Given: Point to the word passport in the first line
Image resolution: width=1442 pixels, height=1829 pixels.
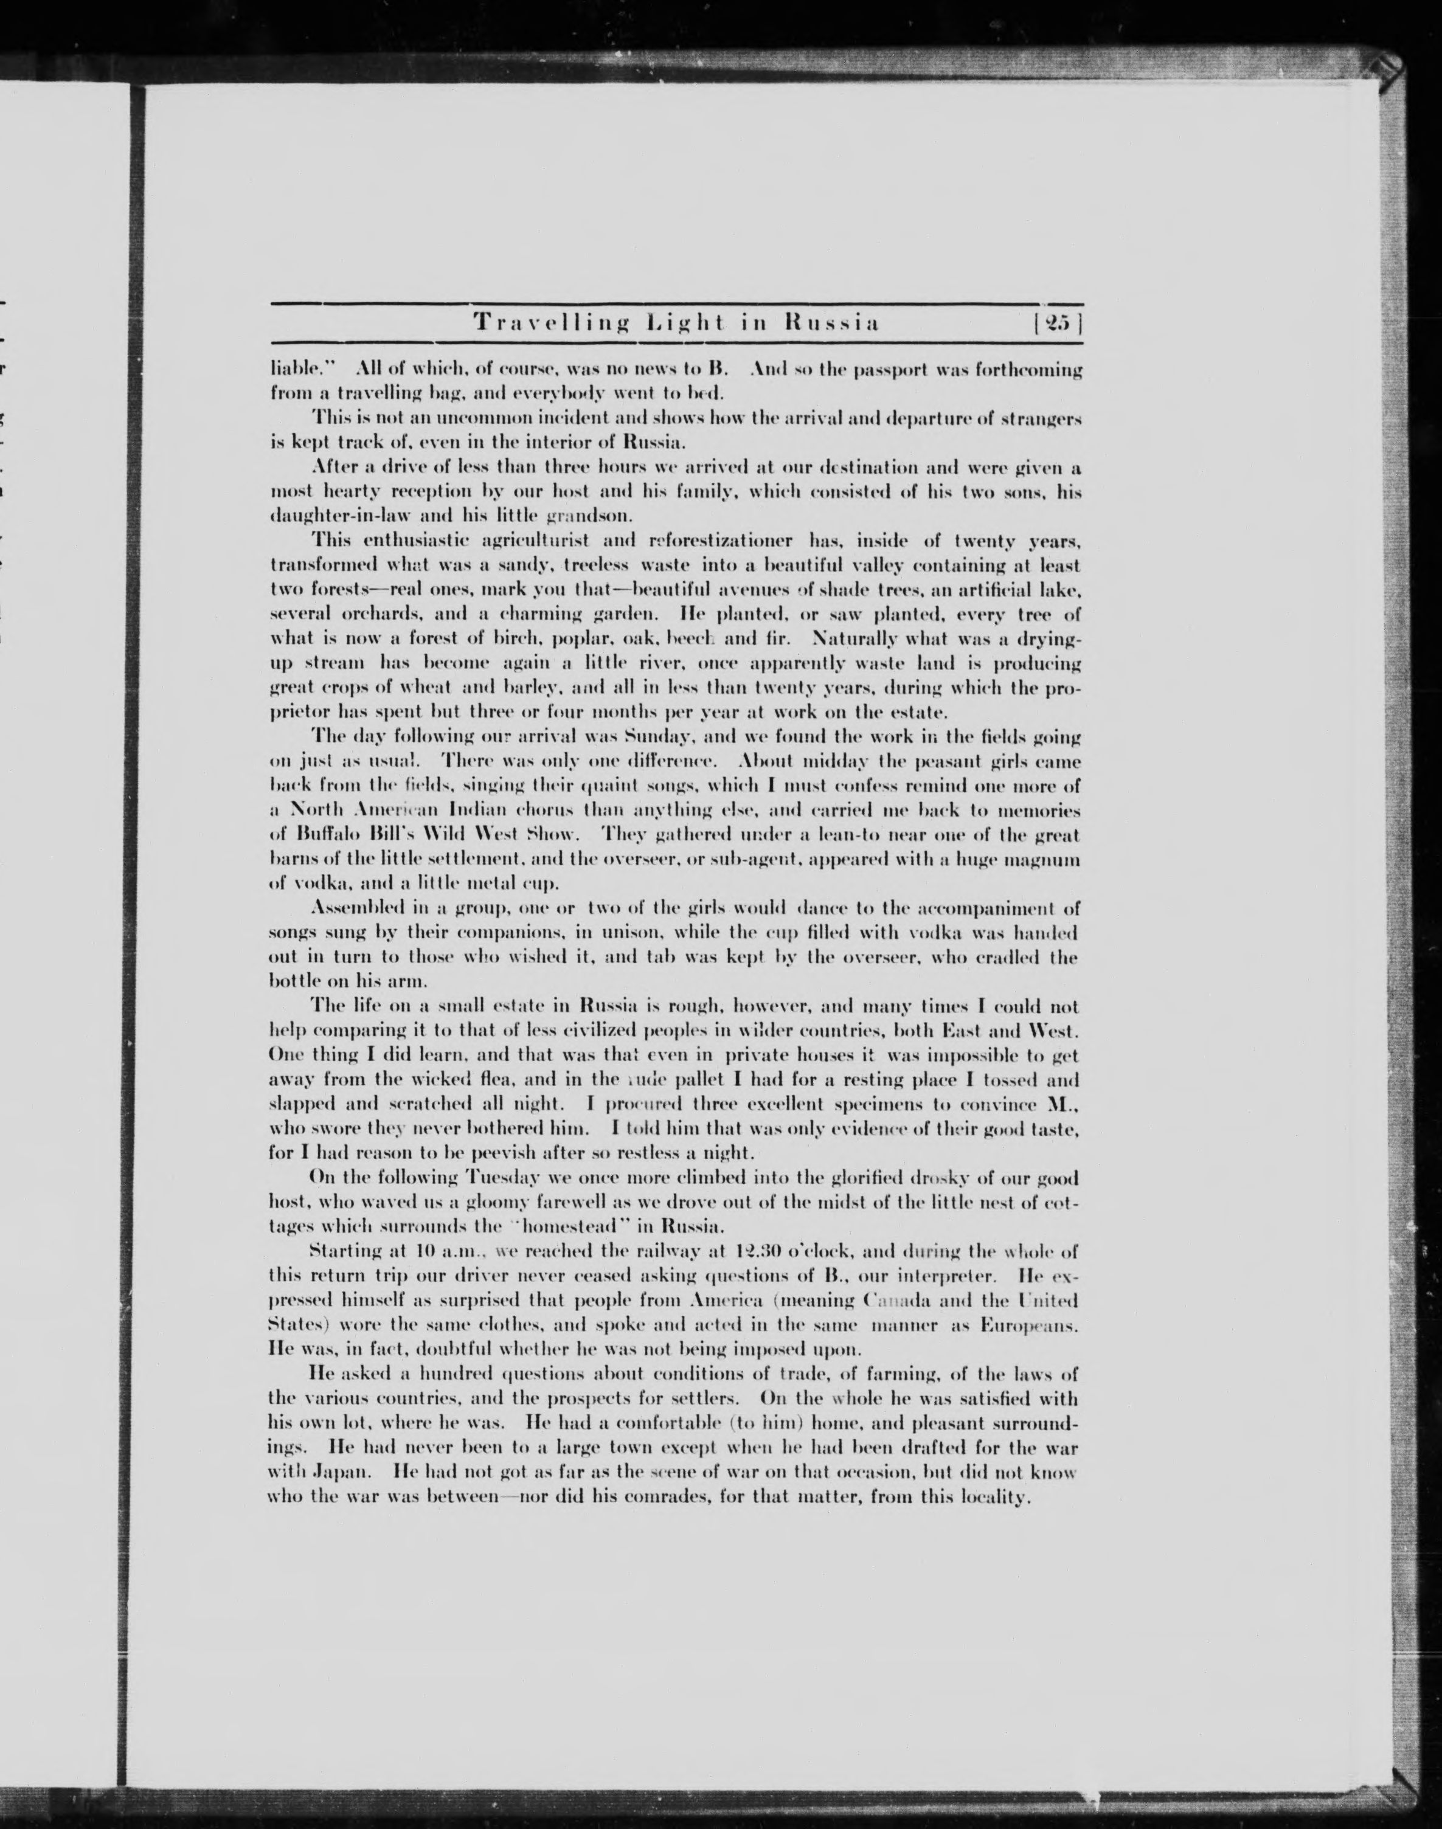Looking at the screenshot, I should point(896,370).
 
